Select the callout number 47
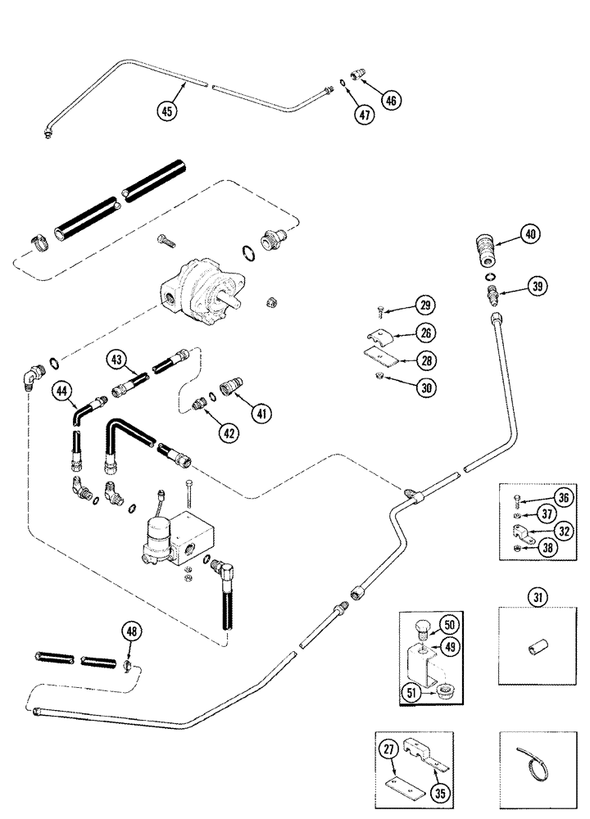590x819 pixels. click(365, 115)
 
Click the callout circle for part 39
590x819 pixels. click(537, 286)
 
